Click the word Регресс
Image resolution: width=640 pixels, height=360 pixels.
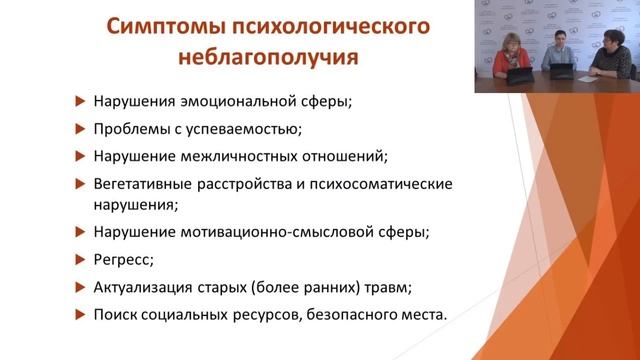pos(123,258)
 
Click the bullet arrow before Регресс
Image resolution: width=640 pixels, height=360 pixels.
pos(80,259)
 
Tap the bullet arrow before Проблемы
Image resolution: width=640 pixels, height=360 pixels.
pos(80,128)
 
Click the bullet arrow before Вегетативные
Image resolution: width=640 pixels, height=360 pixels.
pos(80,184)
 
